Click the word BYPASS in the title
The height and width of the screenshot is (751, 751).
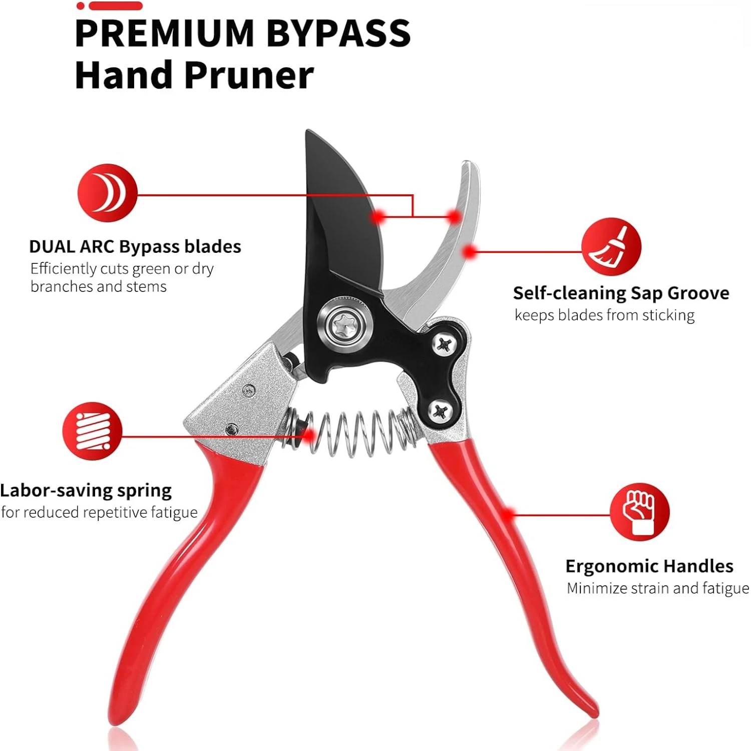point(338,33)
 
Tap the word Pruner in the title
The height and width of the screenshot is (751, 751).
point(249,75)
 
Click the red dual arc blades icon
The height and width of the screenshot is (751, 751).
point(107,193)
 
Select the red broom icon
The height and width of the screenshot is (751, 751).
point(611,247)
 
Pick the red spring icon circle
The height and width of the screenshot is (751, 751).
point(92,431)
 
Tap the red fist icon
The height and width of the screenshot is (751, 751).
point(639,512)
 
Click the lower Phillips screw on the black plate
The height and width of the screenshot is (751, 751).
point(440,412)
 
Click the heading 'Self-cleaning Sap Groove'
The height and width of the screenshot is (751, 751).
point(621,293)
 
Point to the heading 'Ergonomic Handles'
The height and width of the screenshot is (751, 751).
point(649,566)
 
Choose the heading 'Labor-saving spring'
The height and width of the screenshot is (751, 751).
point(86,490)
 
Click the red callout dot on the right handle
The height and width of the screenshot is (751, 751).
point(508,514)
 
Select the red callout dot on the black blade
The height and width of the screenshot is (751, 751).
point(379,217)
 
